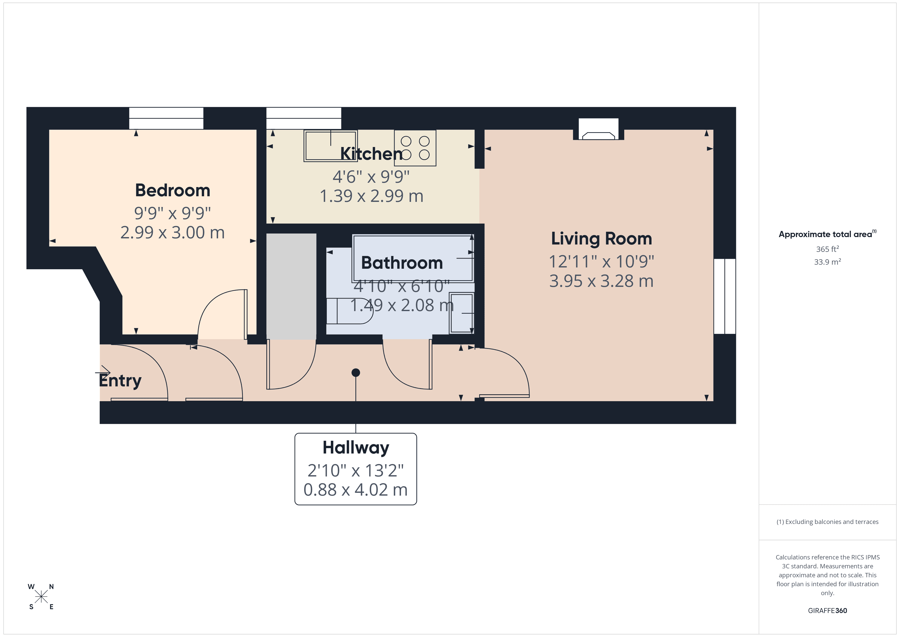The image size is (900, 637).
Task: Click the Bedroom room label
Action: pos(172,191)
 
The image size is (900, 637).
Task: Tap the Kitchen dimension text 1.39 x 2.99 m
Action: pos(371,196)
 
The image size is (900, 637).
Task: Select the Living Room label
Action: pos(601,239)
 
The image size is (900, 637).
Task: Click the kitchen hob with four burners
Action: pos(415,148)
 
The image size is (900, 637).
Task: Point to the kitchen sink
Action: pos(330,146)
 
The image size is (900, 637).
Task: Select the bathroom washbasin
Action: pos(461,313)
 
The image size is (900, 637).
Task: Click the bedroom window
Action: pos(166,118)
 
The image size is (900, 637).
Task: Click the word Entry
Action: pos(120,381)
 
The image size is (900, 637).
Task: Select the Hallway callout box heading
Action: pos(356,448)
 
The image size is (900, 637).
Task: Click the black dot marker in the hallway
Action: pos(356,373)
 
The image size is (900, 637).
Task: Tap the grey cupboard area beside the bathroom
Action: pos(291,286)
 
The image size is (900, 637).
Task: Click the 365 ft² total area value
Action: pos(827,249)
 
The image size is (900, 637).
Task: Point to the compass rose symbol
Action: pos(41,597)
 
